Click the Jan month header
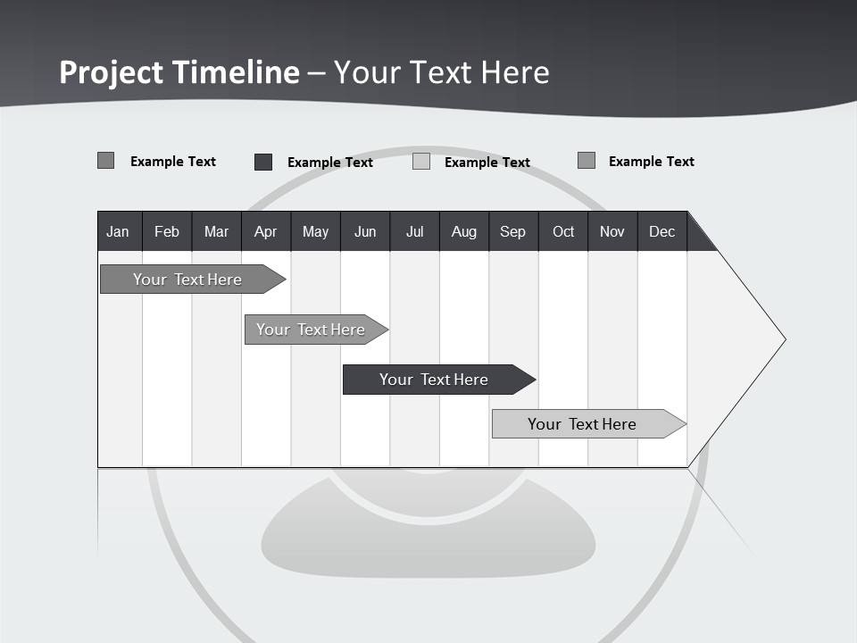118,231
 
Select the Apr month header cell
266,231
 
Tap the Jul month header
414,231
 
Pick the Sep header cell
512,231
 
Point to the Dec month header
661,231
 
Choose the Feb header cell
167,231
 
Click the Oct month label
563,231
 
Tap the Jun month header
365,231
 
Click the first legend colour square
106,161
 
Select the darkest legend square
263,162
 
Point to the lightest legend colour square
421,162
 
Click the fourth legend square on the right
587,161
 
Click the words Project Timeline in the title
179,72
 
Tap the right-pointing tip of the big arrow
783,339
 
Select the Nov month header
612,231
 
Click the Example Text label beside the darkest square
330,163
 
